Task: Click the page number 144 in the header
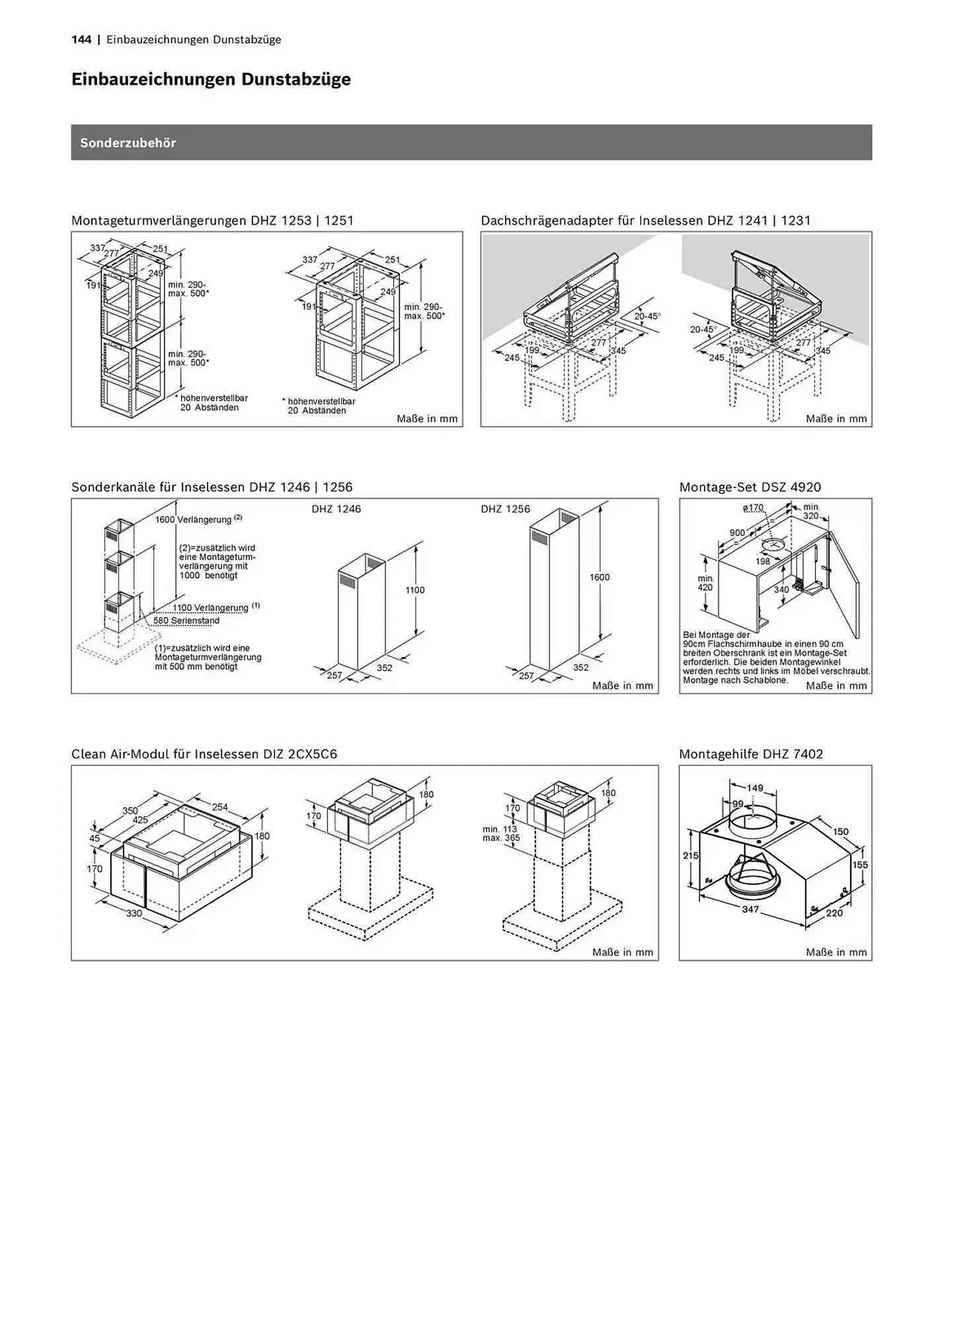click(x=81, y=40)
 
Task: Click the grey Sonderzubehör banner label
click(x=128, y=143)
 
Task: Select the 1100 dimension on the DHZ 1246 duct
click(x=415, y=590)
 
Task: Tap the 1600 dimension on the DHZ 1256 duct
click(x=600, y=577)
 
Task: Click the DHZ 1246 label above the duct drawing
click(x=336, y=509)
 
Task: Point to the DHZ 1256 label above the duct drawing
click(x=506, y=509)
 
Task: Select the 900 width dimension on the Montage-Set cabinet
click(x=737, y=532)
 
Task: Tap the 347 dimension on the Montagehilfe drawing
click(x=750, y=910)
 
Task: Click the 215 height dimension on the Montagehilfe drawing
click(x=691, y=856)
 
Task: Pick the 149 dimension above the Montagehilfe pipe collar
click(x=755, y=788)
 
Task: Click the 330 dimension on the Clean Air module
click(x=134, y=913)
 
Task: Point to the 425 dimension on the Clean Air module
click(x=140, y=820)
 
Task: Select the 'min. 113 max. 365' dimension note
click(x=501, y=834)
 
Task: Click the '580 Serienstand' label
click(x=186, y=621)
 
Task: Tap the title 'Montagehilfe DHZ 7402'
click(x=751, y=754)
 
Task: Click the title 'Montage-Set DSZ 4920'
click(x=750, y=487)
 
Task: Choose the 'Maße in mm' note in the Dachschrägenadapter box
click(x=836, y=419)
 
